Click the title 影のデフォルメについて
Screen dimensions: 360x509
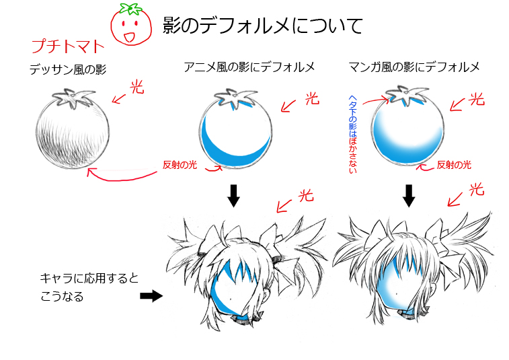tap(263, 26)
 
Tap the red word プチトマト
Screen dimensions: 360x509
tap(69, 47)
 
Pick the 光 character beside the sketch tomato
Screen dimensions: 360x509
tap(137, 87)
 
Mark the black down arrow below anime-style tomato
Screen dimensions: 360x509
tap(233, 195)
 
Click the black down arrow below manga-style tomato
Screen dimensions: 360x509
tap(407, 195)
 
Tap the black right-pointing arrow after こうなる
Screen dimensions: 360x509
tap(151, 295)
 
